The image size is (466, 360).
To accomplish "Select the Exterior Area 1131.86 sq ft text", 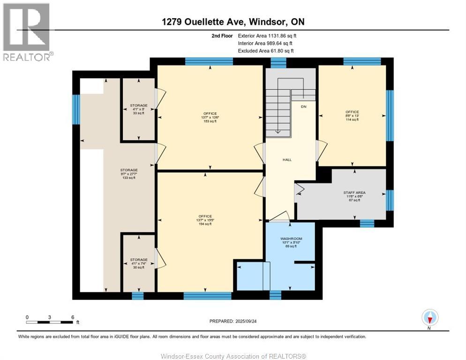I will pyautogui.click(x=267, y=36).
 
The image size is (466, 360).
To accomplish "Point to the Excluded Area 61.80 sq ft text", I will pyautogui.click(x=267, y=51).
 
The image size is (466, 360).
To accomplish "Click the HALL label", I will pyautogui.click(x=287, y=160).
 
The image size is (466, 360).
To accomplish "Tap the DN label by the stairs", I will pyautogui.click(x=303, y=107).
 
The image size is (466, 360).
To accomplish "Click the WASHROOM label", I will pyautogui.click(x=291, y=242).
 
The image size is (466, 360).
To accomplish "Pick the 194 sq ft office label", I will pyautogui.click(x=205, y=220).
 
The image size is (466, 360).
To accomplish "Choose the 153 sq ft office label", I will pyautogui.click(x=210, y=117).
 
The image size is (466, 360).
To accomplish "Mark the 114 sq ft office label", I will pyautogui.click(x=352, y=116).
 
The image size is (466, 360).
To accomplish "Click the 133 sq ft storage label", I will pyautogui.click(x=128, y=173).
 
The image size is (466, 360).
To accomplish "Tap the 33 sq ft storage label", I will pyautogui.click(x=139, y=109).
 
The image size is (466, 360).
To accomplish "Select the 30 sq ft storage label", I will pyautogui.click(x=139, y=263).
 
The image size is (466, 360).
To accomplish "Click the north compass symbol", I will pyautogui.click(x=429, y=318).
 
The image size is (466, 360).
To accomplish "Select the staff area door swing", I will pyautogui.click(x=299, y=189).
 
